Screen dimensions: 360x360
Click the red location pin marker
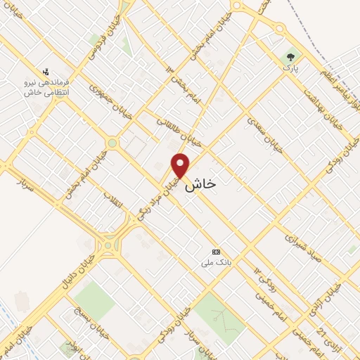click(x=181, y=165)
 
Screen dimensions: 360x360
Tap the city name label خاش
click(x=201, y=184)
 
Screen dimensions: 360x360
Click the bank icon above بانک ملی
click(x=216, y=252)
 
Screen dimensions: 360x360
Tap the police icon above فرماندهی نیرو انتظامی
click(x=46, y=71)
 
